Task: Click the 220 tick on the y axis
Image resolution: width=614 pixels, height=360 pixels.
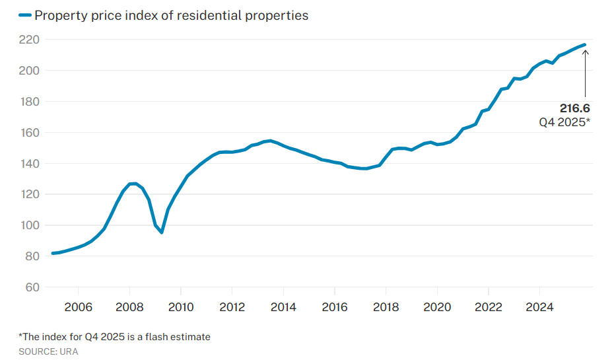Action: (30, 40)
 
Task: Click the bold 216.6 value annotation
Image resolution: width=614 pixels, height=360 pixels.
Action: (574, 108)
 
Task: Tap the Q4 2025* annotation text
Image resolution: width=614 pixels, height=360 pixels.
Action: (564, 122)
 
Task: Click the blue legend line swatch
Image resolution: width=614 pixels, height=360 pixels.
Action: (24, 15)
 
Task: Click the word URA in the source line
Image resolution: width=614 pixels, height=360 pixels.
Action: (69, 351)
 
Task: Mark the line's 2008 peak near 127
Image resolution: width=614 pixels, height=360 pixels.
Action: (134, 183)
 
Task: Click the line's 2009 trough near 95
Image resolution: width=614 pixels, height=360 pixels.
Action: (161, 233)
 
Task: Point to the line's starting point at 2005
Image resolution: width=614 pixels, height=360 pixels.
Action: (53, 254)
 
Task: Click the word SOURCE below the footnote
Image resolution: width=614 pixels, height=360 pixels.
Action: (36, 351)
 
